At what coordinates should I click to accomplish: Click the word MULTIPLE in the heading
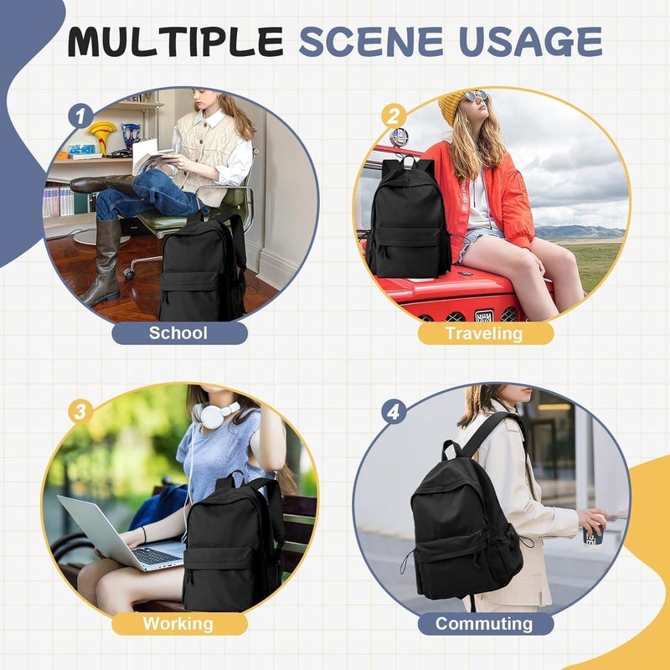click(x=176, y=42)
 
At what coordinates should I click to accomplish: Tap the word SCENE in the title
click(x=371, y=42)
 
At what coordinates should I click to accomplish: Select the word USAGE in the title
click(x=530, y=42)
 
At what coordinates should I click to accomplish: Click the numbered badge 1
click(x=80, y=116)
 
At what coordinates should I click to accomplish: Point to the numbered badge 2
click(x=394, y=116)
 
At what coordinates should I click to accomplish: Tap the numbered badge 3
click(x=80, y=412)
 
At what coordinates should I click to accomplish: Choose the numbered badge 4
click(x=394, y=412)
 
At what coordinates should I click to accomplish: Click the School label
click(x=178, y=332)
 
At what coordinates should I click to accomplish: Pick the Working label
click(x=178, y=624)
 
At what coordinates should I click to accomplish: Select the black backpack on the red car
click(x=408, y=218)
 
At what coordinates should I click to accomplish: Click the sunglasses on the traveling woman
click(x=476, y=95)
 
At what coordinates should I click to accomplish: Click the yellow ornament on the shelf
click(x=101, y=135)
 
